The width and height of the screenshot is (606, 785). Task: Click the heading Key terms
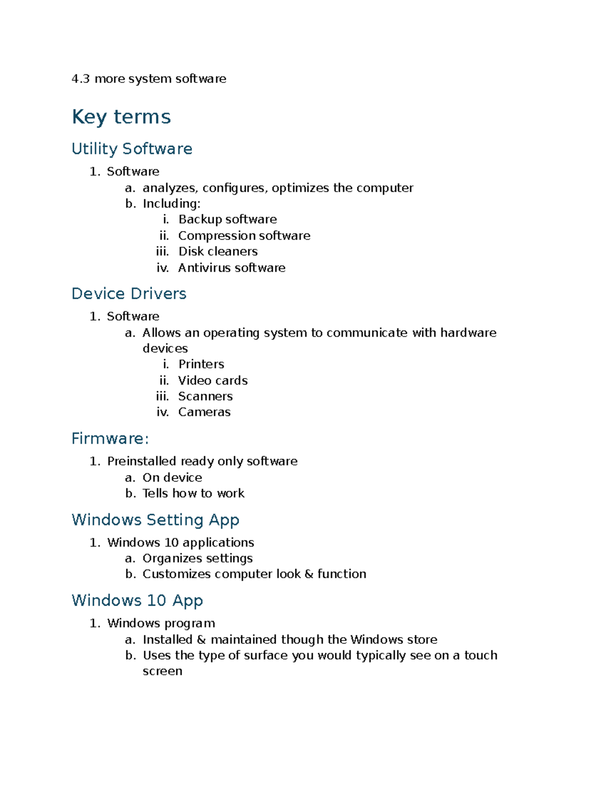point(121,117)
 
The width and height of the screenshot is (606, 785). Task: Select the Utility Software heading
point(132,149)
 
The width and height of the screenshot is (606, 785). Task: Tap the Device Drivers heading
point(129,294)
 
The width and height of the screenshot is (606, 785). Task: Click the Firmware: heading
point(110,438)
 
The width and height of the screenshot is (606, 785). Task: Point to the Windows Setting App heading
point(155,520)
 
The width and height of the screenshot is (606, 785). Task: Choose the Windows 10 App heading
point(137,601)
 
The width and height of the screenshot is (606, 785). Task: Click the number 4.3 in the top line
point(80,79)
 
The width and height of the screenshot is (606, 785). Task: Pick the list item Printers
point(201,364)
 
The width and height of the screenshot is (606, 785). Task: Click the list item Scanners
point(205,396)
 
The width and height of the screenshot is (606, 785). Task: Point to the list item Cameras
point(204,412)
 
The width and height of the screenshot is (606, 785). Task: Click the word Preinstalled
point(141,461)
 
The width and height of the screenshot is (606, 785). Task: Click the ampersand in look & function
point(309,574)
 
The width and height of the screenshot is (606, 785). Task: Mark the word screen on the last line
point(162,671)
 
